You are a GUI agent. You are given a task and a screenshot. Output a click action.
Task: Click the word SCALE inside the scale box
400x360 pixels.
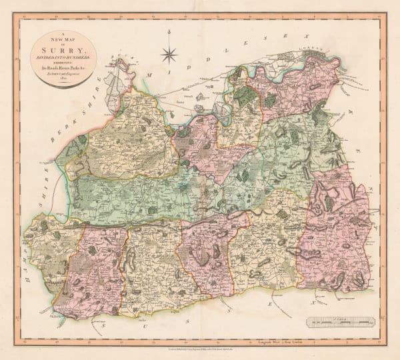pos(341,319)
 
